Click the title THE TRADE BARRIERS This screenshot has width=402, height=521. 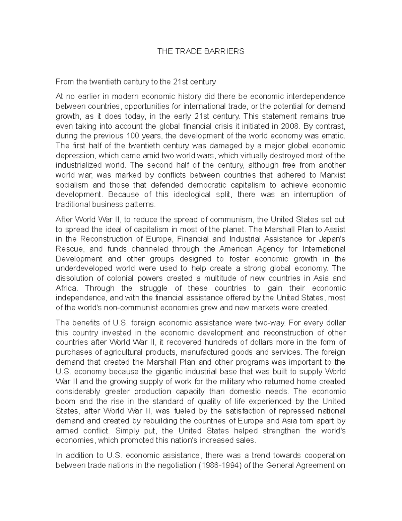click(201, 51)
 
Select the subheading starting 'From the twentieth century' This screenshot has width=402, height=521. click(136, 82)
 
